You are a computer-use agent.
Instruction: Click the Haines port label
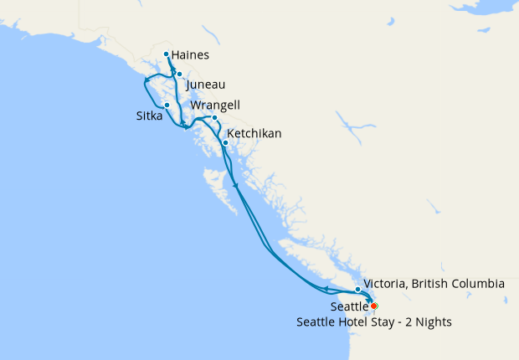click(190, 56)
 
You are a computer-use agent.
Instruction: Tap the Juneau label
click(206, 85)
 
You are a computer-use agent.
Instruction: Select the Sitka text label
click(150, 116)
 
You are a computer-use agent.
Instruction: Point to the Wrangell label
click(216, 105)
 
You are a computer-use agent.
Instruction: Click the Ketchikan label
click(254, 134)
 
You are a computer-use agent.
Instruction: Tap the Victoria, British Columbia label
click(434, 284)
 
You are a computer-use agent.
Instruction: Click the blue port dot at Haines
click(167, 54)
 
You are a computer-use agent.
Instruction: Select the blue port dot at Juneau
click(179, 75)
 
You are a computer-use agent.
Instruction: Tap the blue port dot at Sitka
click(167, 105)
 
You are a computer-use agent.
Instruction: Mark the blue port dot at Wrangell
click(214, 117)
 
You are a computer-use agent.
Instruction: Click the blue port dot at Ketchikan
click(224, 142)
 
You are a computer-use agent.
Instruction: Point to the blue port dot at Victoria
click(357, 290)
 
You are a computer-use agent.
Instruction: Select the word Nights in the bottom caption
click(432, 322)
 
